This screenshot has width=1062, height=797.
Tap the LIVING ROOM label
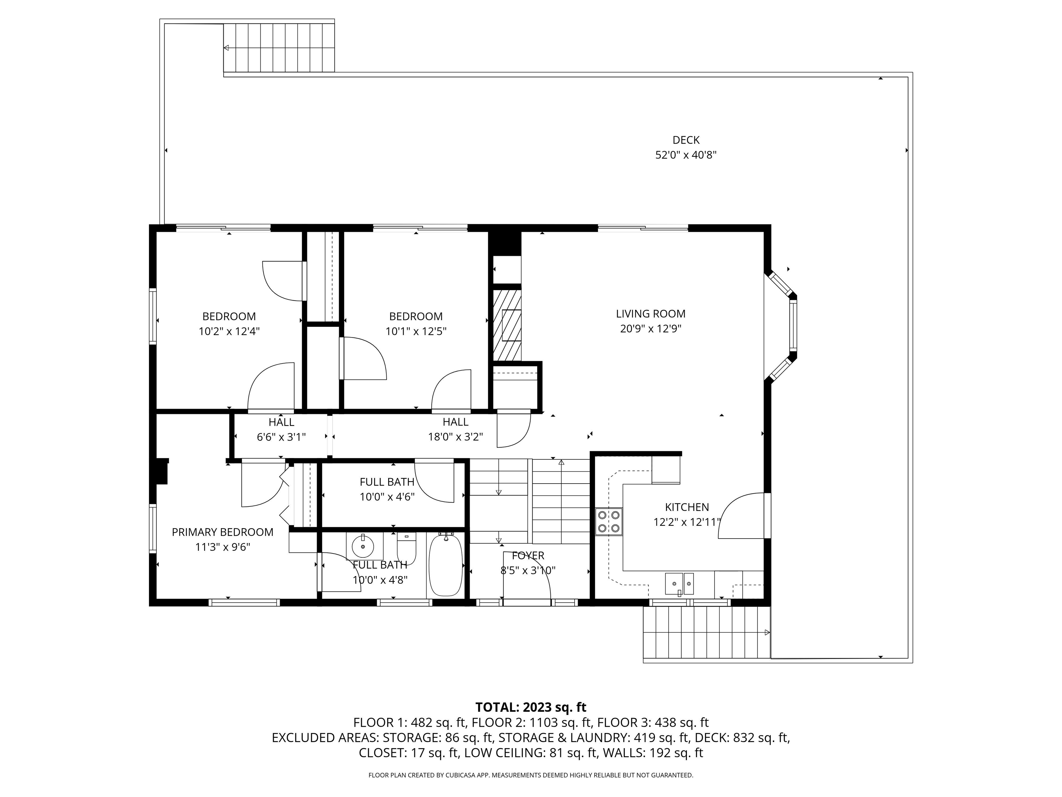coord(651,314)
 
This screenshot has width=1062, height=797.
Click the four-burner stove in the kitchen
coord(609,522)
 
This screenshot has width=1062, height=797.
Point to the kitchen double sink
coord(679,584)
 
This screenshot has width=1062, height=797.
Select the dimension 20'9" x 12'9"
coord(651,329)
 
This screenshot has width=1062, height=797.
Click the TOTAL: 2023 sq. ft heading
coord(531,707)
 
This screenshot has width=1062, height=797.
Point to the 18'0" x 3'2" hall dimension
coord(455,437)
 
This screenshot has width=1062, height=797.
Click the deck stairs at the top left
coord(279,47)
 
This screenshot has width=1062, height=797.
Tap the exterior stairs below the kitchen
coord(707,632)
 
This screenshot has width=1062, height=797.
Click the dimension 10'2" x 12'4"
coord(229,331)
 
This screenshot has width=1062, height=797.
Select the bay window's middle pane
coord(793,325)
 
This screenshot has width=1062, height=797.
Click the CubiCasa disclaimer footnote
coord(531,775)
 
